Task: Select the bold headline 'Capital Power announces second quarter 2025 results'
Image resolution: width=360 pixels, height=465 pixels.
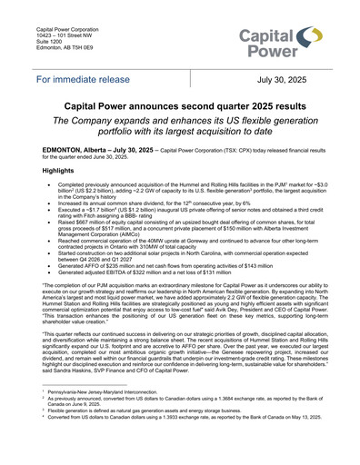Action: tap(179, 105)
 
